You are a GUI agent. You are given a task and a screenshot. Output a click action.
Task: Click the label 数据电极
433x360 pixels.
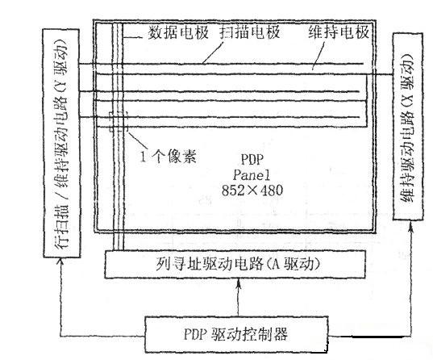pos(178,32)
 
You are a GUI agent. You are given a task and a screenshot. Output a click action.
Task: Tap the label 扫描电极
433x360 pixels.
pos(250,32)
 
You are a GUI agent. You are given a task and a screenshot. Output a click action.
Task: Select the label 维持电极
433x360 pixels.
pos(339,32)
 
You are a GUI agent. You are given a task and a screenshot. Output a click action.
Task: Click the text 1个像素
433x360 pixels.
pos(169,157)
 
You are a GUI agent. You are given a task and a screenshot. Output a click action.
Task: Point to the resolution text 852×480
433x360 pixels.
pos(252,190)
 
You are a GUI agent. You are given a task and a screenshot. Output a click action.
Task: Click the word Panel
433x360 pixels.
pos(252,174)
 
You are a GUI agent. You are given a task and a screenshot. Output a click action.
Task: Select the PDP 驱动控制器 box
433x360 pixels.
pos(237,334)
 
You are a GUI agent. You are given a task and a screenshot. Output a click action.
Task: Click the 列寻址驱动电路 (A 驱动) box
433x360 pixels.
pos(235,264)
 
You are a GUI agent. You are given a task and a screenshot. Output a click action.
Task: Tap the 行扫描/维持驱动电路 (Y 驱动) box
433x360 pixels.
pos(61,143)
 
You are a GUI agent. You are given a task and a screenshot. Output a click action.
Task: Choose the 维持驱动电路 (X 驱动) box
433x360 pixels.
pos(408,127)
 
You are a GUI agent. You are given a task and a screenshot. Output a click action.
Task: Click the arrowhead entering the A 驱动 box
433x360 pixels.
pos(239,283)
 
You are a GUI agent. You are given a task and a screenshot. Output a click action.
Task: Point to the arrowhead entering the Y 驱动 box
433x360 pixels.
pos(60,262)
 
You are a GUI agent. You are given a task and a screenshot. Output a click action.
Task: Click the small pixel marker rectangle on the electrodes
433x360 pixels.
pos(119,122)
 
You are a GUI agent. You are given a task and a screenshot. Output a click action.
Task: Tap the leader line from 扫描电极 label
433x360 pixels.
pos(213,52)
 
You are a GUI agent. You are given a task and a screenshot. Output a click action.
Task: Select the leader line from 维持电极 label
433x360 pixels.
pos(319,56)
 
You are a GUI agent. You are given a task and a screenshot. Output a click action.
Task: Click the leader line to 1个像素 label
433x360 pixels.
pos(138,140)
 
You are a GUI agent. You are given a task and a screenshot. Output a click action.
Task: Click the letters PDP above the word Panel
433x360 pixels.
pos(252,159)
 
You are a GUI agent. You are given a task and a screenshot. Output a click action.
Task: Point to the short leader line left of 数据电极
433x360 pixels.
pos(132,37)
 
